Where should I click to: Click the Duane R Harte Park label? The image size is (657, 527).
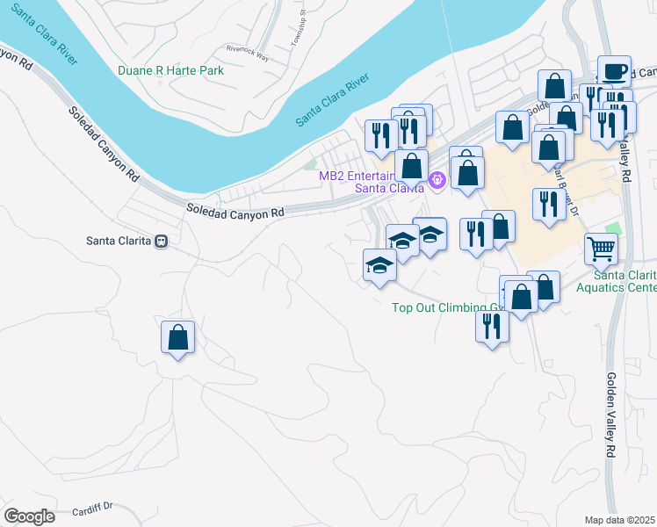[171, 70]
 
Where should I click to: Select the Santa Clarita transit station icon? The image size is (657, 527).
[161, 241]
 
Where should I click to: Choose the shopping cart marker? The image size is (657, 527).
[602, 249]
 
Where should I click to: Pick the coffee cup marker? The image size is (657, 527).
[614, 70]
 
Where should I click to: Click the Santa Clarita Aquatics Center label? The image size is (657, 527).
[616, 281]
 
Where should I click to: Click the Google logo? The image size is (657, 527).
[29, 516]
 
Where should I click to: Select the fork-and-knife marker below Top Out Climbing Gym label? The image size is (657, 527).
[491, 327]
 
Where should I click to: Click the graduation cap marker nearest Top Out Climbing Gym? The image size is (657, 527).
[380, 265]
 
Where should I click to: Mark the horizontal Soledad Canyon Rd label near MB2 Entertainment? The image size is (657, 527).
[236, 212]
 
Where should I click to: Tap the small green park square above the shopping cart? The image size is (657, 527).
[613, 228]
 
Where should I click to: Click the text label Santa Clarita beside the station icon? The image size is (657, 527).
[119, 241]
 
